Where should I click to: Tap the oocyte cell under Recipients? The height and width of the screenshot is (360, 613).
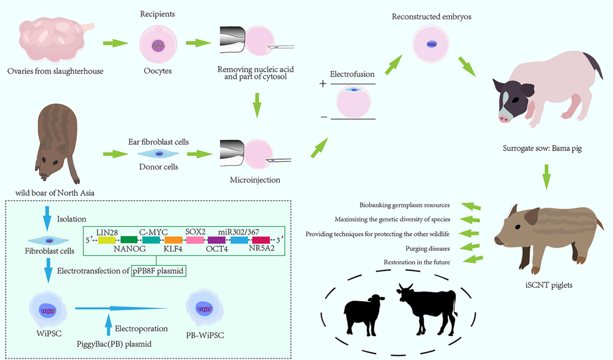point(158,46)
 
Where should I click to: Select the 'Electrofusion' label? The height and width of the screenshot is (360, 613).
point(352,74)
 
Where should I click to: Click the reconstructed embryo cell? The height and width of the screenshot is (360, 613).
point(431,44)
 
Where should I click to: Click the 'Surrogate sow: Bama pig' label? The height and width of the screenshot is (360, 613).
point(542,149)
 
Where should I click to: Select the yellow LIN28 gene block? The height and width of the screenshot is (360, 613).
point(107,240)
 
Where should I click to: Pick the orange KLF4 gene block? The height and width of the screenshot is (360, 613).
point(173,240)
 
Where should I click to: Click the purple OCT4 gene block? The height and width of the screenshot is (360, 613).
point(217,240)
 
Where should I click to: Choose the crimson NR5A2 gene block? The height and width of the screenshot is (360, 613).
point(261,240)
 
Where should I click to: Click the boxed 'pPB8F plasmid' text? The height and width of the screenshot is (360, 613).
point(159,271)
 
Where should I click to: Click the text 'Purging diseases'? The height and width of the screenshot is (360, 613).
point(428,248)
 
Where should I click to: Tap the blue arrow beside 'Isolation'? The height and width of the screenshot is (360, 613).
point(47,219)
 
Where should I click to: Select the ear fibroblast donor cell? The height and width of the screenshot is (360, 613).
point(158,154)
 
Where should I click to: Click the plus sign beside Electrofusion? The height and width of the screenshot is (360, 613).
point(322,84)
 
